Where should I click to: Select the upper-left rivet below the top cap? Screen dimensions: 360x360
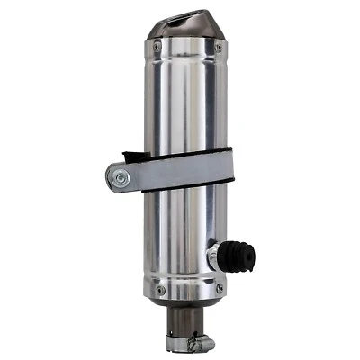pos(157,46)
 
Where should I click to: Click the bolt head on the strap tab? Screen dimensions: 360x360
pos(120,179)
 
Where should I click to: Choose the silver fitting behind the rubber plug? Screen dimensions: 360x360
pos(216,256)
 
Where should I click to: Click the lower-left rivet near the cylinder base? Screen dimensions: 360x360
pos(160,290)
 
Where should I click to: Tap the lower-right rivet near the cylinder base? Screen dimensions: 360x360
pos(219,289)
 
